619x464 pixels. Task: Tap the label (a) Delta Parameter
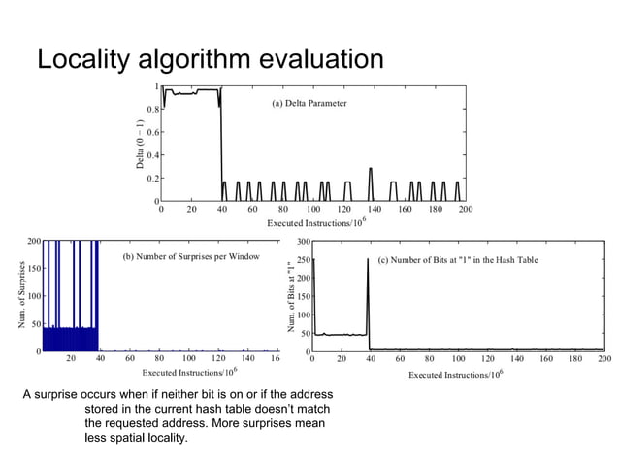click(x=309, y=103)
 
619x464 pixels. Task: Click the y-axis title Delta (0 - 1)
click(x=140, y=148)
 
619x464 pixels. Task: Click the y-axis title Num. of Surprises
click(x=21, y=294)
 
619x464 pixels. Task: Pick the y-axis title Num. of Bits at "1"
click(x=289, y=297)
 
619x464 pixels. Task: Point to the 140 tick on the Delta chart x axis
click(x=373, y=209)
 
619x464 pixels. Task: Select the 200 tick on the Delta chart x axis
click(x=465, y=209)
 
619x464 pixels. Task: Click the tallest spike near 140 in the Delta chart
click(x=371, y=169)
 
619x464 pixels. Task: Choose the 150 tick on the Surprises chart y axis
click(x=36, y=267)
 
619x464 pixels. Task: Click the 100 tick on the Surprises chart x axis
click(x=189, y=358)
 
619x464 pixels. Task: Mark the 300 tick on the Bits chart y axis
click(x=302, y=241)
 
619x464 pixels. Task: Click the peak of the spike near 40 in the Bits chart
click(x=368, y=259)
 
